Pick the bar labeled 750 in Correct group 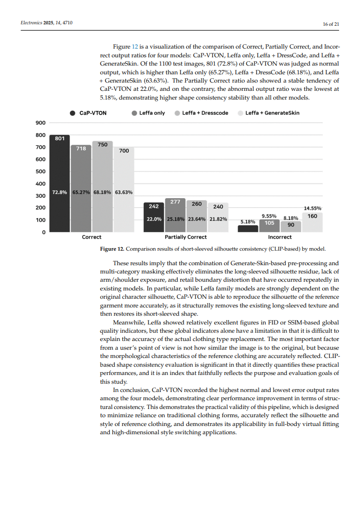point(103,187)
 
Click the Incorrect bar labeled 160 point(312,222)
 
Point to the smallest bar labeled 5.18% point(248,228)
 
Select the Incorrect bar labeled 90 point(291,226)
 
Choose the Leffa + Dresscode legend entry point(201,113)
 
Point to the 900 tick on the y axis point(40,123)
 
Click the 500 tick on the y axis point(40,171)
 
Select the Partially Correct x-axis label point(186,237)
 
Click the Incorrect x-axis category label point(280,237)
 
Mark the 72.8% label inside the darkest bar point(60,192)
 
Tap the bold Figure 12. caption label point(112,249)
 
